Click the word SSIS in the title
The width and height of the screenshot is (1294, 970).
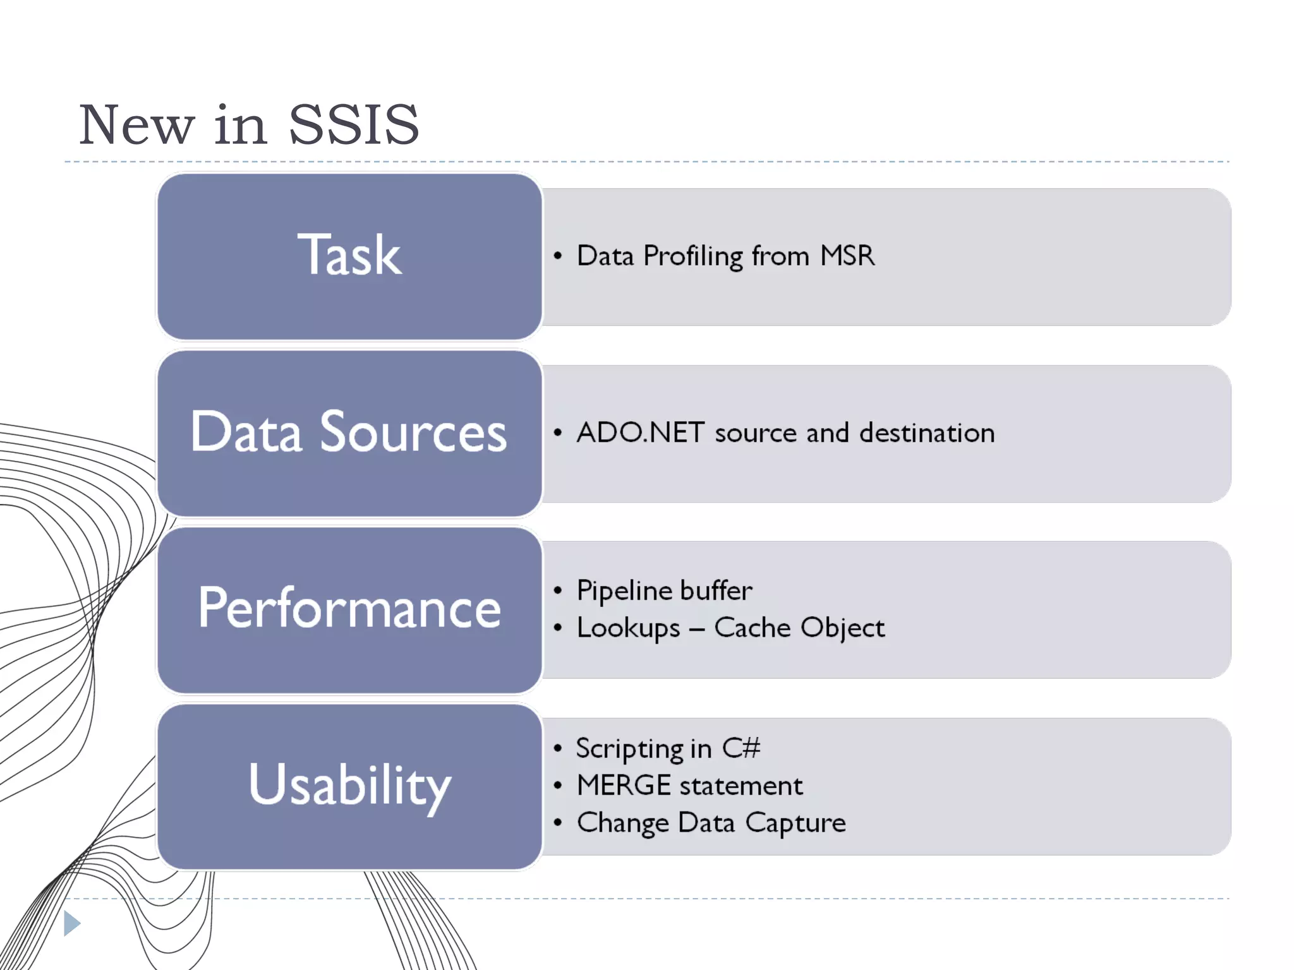(x=353, y=125)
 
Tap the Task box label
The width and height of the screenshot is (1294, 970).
(x=349, y=255)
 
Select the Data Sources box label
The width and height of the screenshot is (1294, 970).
(x=349, y=432)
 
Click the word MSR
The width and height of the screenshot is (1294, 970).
(x=847, y=256)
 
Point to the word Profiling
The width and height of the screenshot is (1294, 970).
(x=693, y=256)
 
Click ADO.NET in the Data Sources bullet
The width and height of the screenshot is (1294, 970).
(x=640, y=433)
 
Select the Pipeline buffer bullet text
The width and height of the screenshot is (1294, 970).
(x=664, y=590)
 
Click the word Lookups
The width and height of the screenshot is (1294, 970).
(x=628, y=628)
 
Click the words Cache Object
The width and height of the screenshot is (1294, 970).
(x=799, y=628)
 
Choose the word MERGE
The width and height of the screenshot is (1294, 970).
(x=624, y=786)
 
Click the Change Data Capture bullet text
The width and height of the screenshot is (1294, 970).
(x=711, y=823)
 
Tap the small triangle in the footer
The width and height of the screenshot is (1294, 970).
(x=71, y=923)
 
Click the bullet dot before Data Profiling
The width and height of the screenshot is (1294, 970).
(x=557, y=256)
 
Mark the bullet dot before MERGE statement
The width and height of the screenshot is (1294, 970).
(x=557, y=786)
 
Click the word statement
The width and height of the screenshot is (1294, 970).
(x=741, y=786)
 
